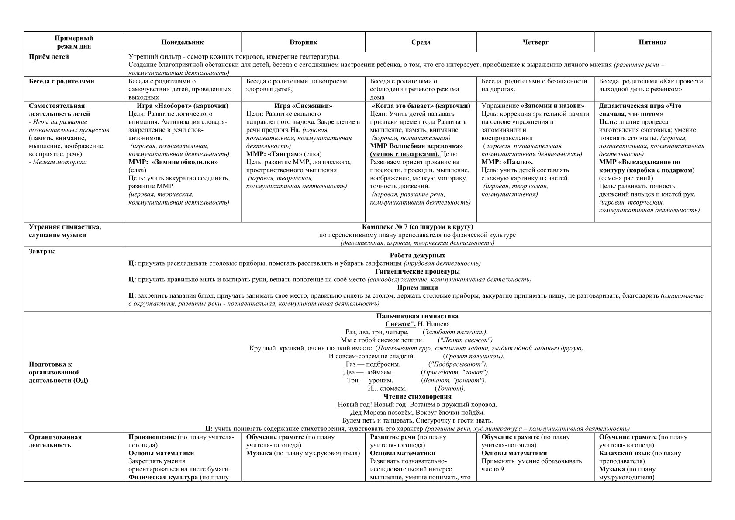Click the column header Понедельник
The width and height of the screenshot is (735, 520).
point(183,42)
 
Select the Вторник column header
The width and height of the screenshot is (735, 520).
point(303,42)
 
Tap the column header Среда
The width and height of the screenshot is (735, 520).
point(421,42)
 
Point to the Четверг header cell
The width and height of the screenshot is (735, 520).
point(535,42)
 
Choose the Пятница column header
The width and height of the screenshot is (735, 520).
point(652,42)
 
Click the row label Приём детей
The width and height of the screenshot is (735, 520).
point(49,57)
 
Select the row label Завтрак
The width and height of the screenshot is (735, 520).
point(42,252)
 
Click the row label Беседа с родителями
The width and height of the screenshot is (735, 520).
point(62,81)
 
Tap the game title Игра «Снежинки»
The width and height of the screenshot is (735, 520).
point(303,106)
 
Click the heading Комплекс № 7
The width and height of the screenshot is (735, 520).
point(417,227)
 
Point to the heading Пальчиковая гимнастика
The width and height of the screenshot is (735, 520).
point(417,316)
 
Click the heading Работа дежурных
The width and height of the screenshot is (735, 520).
point(417,256)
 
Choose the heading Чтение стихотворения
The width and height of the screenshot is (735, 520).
point(417,397)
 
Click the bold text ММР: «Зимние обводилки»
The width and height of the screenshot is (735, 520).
point(173,162)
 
